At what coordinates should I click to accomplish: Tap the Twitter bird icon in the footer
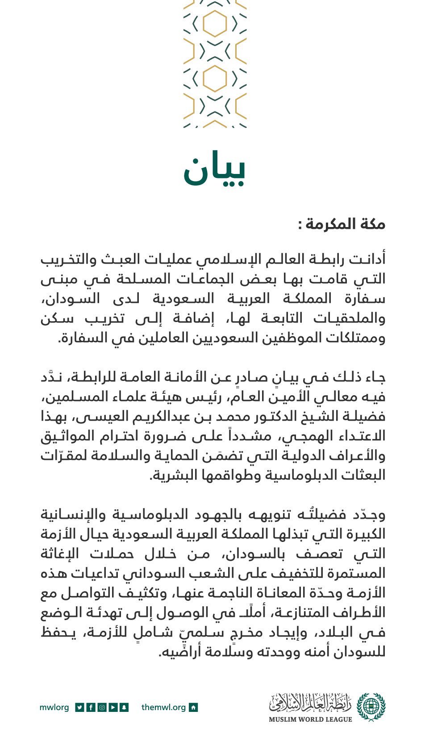tap(79, 707)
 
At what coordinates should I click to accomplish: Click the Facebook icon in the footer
tap(91, 707)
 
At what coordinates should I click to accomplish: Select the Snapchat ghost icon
tap(124, 707)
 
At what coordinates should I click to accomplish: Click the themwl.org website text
tap(163, 707)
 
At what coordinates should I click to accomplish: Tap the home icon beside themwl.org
tap(193, 707)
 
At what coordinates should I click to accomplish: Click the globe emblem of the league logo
tap(371, 707)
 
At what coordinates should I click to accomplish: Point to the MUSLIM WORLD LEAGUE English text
tap(310, 719)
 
